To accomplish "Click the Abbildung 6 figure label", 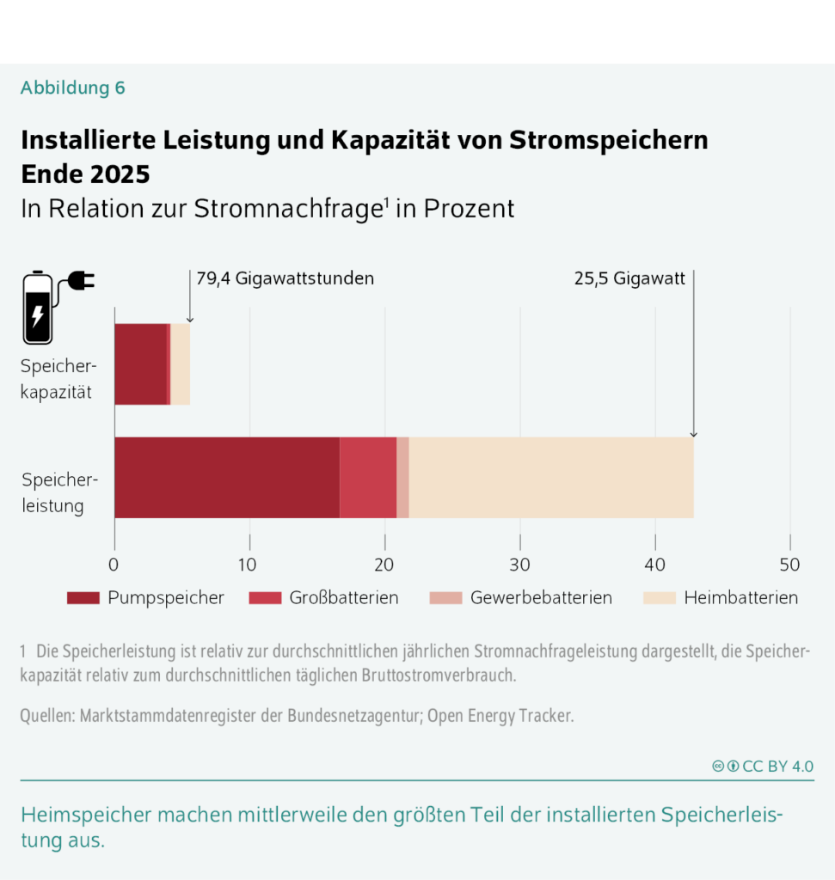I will [x=73, y=88].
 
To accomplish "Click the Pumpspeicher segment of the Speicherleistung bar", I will [x=226, y=477].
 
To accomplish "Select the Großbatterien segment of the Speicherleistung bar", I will [x=368, y=477].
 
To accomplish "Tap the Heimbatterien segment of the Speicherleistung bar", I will [x=550, y=477].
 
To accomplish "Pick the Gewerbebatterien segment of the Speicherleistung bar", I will [x=402, y=477].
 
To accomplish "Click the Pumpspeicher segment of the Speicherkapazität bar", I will [x=140, y=364].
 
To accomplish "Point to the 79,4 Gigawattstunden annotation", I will [x=285, y=278].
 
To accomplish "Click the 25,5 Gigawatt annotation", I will [x=629, y=278].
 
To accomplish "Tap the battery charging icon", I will [x=53, y=307].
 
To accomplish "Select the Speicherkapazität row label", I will [x=58, y=381].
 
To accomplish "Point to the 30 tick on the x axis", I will [x=520, y=565].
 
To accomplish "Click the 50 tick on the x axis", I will [x=790, y=565].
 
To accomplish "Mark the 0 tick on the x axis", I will [x=114, y=565].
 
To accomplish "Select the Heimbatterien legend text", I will [x=740, y=598].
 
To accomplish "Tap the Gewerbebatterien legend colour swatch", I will [x=445, y=598].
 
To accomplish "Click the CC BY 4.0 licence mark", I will [x=763, y=767].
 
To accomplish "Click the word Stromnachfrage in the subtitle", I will [x=288, y=209].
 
